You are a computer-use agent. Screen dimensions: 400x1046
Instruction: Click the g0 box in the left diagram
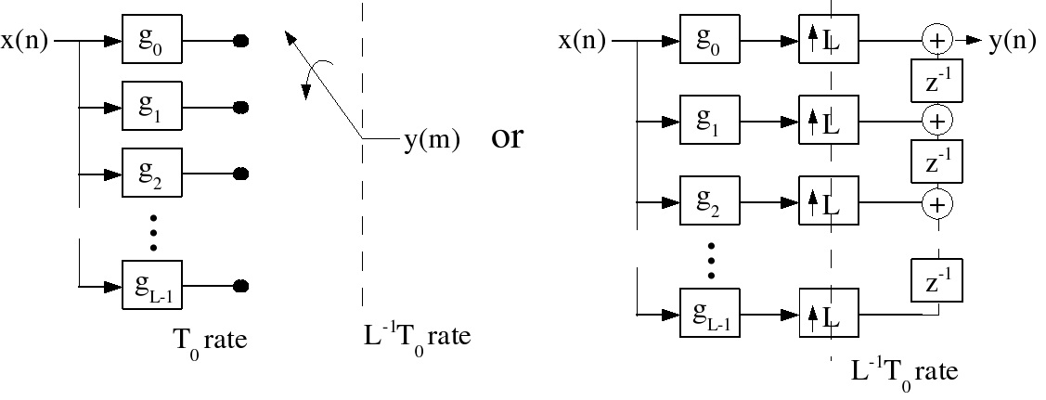point(153,41)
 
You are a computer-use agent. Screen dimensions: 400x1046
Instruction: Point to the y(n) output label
point(1012,41)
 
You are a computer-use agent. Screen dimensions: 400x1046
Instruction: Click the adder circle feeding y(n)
point(937,40)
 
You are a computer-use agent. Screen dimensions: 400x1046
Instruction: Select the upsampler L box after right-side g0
point(830,41)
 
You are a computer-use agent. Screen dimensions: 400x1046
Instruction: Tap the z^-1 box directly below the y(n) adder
point(938,81)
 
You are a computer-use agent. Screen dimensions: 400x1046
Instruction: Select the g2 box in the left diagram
point(153,174)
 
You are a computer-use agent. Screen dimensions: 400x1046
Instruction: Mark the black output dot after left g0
point(240,41)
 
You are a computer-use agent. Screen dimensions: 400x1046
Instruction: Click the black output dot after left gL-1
point(240,285)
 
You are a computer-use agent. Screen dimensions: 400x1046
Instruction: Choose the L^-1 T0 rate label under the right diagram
point(904,371)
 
